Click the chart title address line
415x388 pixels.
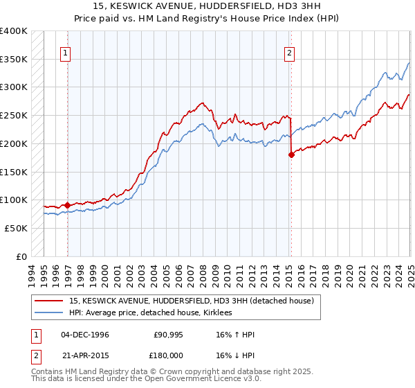[207, 8]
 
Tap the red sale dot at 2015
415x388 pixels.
[291, 155]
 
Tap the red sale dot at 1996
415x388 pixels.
[67, 205]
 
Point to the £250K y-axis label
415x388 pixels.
[14, 115]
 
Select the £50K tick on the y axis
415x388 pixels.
[16, 228]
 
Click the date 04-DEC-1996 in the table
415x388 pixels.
[85, 335]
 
